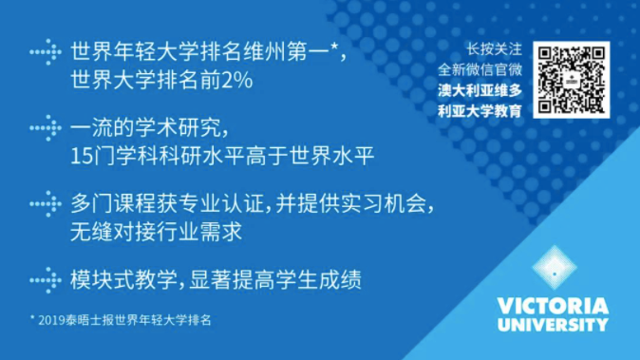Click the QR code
point(571,80)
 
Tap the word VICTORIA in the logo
point(553,306)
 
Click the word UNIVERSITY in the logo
point(553,325)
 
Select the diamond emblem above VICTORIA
point(555,268)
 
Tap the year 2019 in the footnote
point(52,320)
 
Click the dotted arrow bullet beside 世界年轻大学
point(46,52)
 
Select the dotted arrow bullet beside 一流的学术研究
point(46,128)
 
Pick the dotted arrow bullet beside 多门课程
point(46,203)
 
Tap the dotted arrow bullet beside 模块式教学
point(46,280)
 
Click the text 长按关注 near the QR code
point(495,49)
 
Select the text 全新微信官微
point(480,69)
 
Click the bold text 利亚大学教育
point(480,111)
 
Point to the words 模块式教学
point(123,280)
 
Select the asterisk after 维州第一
point(334,47)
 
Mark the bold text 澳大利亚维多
point(480,90)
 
